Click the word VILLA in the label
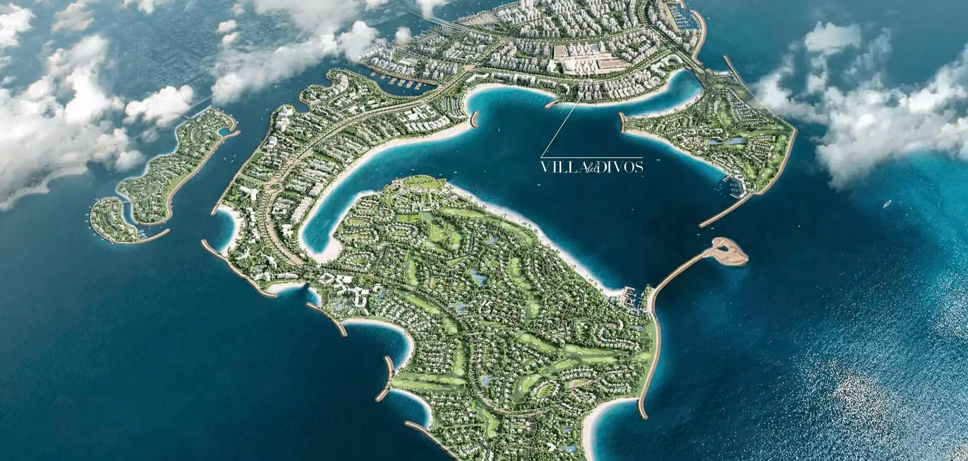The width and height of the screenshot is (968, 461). [556, 167]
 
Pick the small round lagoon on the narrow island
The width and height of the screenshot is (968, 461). [223, 132]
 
